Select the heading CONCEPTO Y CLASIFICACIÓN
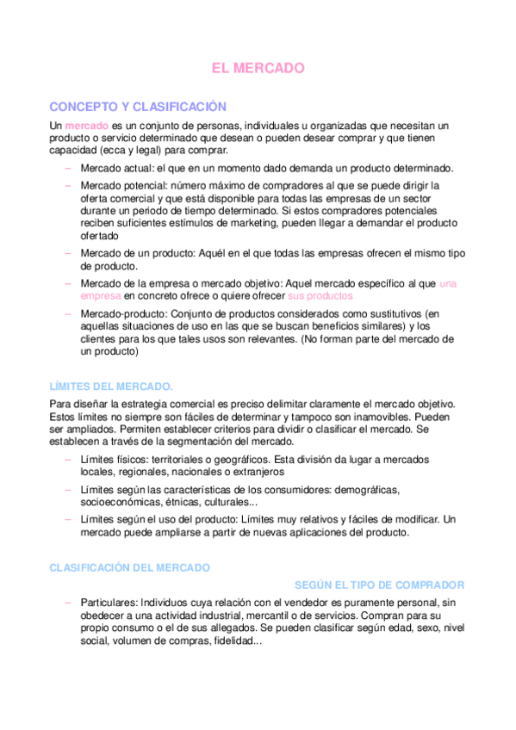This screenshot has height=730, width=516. click(138, 107)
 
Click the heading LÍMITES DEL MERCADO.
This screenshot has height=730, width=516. click(111, 386)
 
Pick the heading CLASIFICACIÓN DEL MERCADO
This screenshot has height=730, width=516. click(129, 568)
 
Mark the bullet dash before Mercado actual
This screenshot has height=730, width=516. click(67, 168)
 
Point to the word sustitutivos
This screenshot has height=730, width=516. click(398, 314)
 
